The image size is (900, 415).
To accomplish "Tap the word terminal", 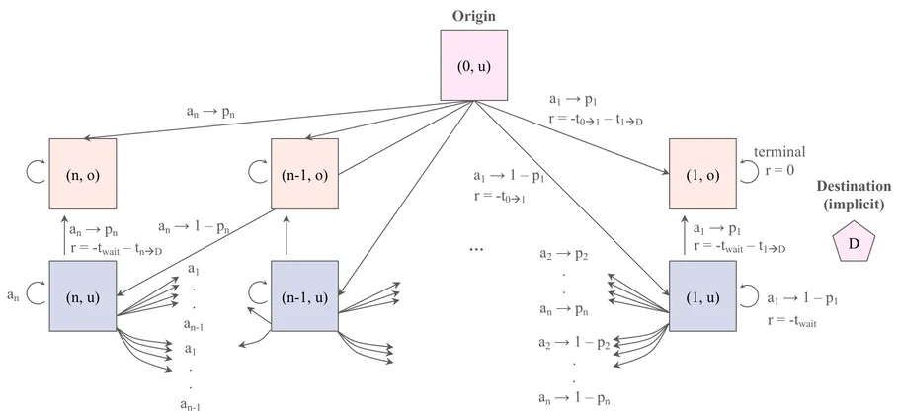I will point(780,153).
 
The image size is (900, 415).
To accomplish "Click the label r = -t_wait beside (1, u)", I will point(786,321).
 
